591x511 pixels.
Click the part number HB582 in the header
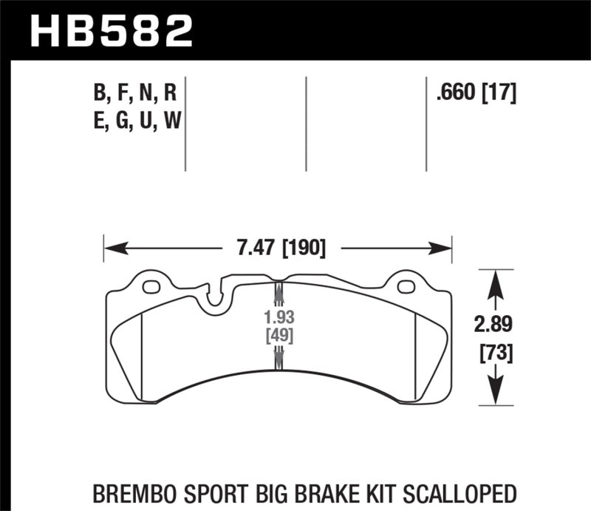pos(111,31)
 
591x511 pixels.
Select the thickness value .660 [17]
pos(476,94)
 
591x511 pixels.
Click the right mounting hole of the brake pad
pos(405,286)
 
